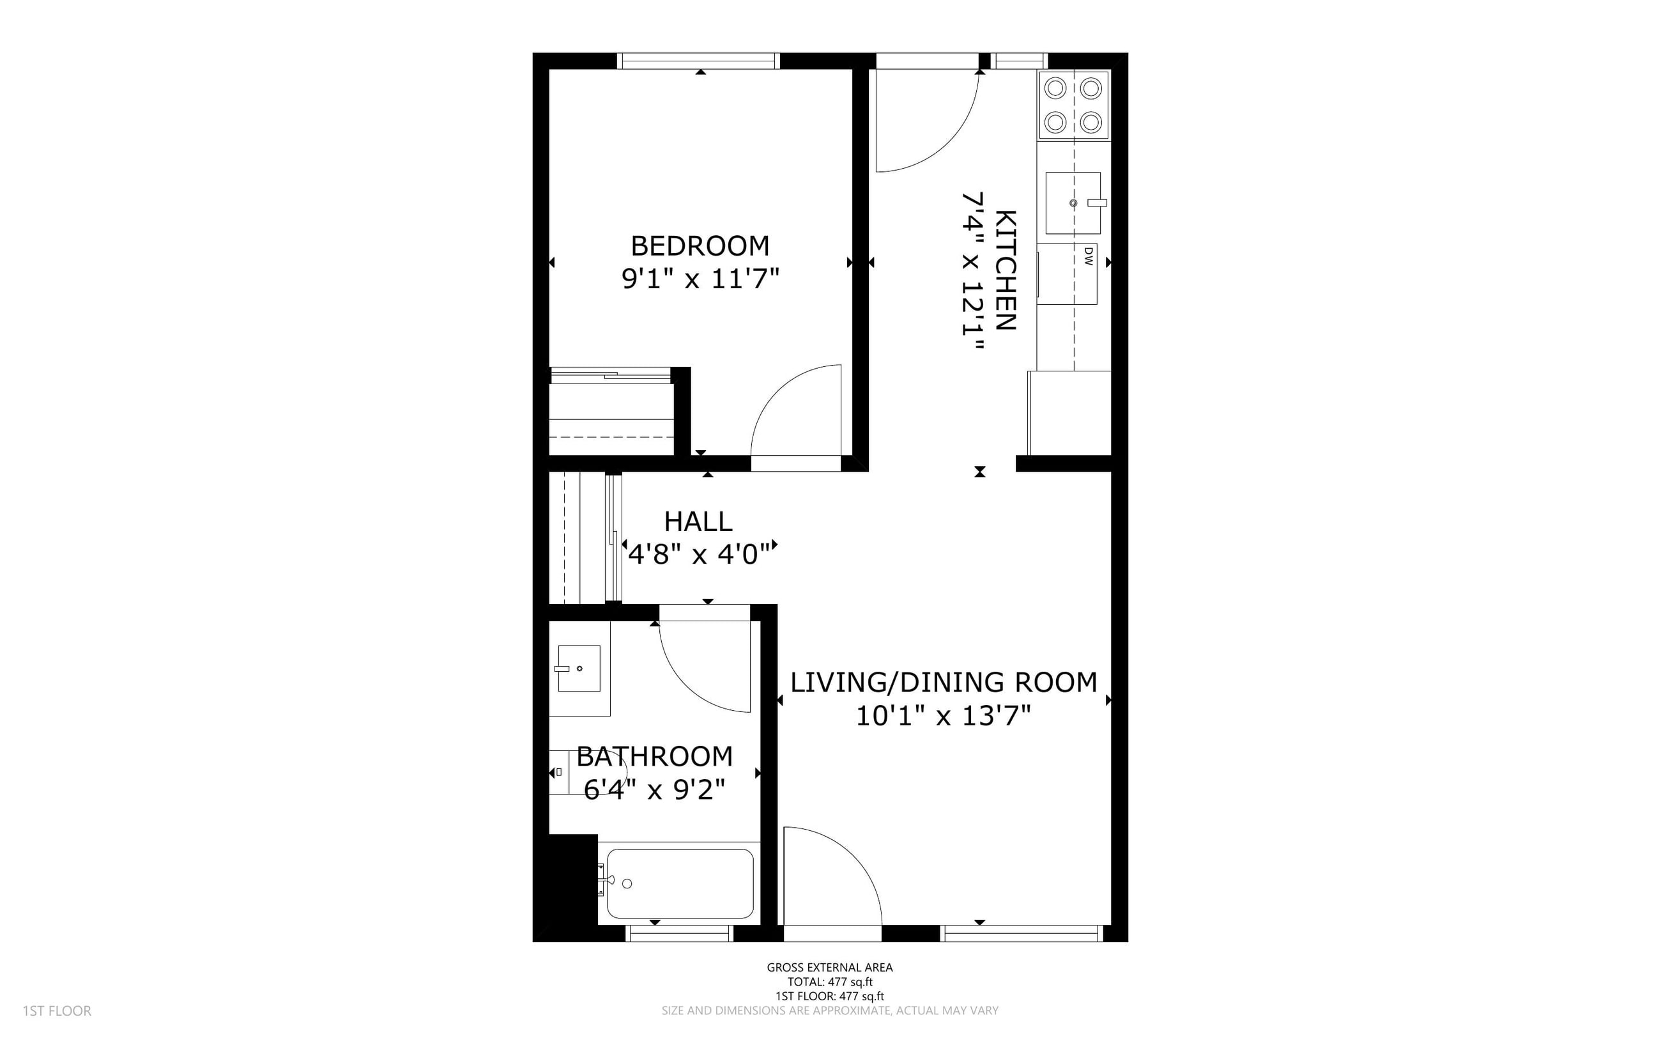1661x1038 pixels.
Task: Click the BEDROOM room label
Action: (700, 246)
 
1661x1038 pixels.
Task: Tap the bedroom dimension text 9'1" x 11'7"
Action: (700, 279)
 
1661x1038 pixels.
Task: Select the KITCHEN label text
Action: (1004, 270)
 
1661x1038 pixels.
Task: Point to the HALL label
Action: (698, 522)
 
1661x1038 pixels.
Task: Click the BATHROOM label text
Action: (655, 757)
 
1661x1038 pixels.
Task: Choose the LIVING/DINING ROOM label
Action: (944, 683)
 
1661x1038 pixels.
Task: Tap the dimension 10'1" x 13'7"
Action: (944, 717)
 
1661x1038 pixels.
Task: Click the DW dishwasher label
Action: (1088, 257)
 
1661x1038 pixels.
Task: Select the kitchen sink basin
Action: (1073, 203)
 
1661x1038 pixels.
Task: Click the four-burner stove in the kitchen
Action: (1074, 105)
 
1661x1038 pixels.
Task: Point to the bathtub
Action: (680, 883)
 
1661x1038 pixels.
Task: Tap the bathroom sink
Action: (579, 668)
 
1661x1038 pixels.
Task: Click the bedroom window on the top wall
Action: (699, 61)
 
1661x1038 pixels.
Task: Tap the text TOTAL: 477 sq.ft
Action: (829, 982)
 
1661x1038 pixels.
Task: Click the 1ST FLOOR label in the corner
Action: (57, 1011)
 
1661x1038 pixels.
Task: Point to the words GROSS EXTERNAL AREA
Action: (829, 968)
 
